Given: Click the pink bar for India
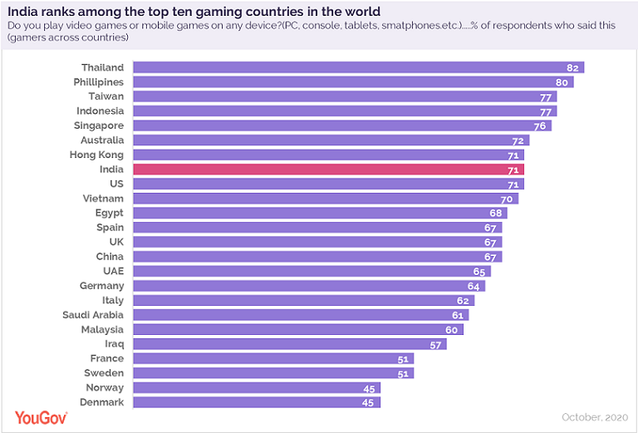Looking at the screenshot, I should coord(328,170).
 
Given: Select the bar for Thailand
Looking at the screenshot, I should coord(358,67).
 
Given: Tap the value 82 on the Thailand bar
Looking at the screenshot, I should coord(572,67).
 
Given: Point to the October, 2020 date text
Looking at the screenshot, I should coord(595,416).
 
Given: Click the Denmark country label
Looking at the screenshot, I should coord(103,402).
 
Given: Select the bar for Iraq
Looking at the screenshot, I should coord(289,344).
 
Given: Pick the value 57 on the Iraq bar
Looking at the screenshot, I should coord(434,344).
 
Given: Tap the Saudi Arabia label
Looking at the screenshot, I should coord(93,315).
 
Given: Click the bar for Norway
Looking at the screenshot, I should coord(256,388).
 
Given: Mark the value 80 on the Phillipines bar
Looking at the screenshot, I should coord(562,82).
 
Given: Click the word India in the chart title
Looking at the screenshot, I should coord(24,12).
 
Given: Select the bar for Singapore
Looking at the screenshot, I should coord(341,125).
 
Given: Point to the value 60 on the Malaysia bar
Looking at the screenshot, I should coord(451,330).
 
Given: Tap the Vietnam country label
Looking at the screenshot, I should coord(103,199).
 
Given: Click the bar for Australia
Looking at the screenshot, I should coord(331,140).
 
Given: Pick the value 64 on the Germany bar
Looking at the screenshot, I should coord(474,286).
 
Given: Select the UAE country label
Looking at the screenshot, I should coord(112,271).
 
